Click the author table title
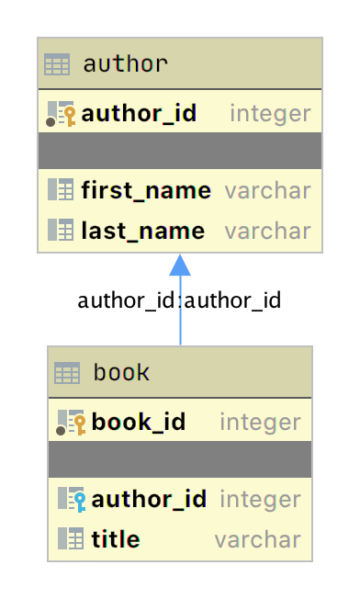(125, 64)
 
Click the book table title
(121, 373)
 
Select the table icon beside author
(57, 65)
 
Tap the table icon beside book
(67, 373)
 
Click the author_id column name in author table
(139, 114)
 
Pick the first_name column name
(146, 191)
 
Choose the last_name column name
(142, 230)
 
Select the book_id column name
(139, 423)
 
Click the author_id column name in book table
(149, 500)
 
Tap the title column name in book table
(116, 538)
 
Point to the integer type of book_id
(260, 423)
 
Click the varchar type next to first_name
(268, 191)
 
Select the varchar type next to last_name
(268, 230)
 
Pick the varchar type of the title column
(257, 538)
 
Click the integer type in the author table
(270, 114)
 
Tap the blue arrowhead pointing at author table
(180, 264)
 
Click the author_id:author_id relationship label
(179, 300)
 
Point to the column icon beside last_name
(61, 230)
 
